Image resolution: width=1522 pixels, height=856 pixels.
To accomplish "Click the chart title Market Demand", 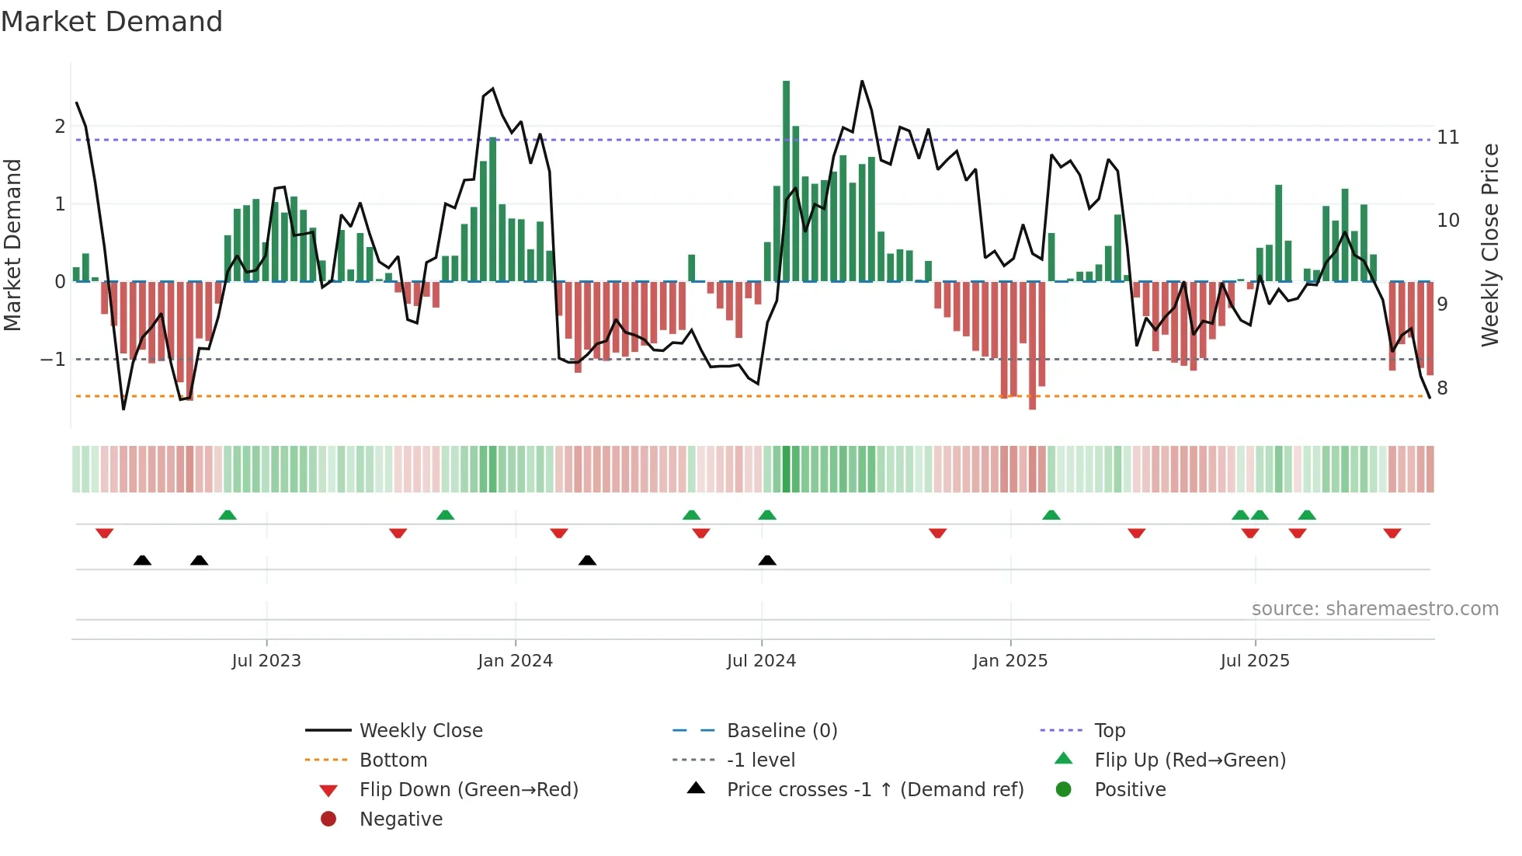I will (112, 22).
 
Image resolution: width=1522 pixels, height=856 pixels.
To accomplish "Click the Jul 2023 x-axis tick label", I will (266, 661).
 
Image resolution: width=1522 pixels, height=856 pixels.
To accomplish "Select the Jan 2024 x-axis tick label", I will (515, 661).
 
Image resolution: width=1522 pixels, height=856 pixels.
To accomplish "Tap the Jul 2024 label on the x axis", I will (761, 661).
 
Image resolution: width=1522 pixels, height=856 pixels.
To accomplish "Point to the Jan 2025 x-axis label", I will (1009, 661).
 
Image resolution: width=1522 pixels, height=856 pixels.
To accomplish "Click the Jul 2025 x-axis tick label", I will (1254, 661).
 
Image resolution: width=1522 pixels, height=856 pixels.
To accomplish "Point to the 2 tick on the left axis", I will (60, 127).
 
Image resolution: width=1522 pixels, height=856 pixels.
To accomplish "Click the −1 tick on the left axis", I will (54, 360).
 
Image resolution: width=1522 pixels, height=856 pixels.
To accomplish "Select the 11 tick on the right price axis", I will (1448, 137).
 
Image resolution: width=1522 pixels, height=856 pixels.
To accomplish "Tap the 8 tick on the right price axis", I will (1442, 388).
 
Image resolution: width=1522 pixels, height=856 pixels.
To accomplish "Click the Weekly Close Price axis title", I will (1489, 245).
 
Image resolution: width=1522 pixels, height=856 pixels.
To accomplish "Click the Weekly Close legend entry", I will (420, 731).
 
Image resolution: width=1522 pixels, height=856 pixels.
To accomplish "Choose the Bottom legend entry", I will (393, 760).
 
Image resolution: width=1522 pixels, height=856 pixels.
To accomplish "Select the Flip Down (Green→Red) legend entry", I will (468, 790).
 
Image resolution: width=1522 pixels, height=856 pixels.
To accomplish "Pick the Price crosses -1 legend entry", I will (874, 790).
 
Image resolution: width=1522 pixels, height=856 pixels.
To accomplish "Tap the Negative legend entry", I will (401, 819).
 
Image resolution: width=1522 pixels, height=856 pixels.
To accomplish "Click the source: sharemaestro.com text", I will (1374, 609).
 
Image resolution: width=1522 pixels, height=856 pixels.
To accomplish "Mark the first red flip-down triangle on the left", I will (104, 533).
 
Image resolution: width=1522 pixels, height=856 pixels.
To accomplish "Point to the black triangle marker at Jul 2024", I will (767, 560).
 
